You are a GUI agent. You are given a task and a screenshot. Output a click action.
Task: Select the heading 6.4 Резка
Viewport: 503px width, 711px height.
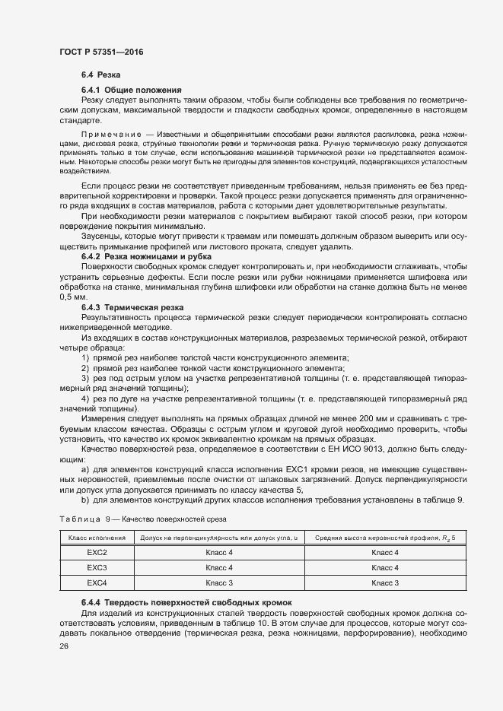97,75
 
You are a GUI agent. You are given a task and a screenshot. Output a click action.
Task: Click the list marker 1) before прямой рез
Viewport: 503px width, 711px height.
85,357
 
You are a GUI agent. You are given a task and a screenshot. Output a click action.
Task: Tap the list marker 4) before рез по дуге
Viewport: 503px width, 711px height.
85,398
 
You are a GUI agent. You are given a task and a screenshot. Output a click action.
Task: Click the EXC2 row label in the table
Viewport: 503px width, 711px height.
96,553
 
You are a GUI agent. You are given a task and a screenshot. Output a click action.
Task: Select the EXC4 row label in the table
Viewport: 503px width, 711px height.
96,582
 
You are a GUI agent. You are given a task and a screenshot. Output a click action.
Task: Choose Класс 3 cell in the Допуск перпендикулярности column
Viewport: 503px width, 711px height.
219,582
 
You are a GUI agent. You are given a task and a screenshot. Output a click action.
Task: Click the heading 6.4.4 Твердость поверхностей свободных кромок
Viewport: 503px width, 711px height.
186,602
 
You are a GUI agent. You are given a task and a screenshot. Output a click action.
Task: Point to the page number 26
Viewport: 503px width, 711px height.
64,646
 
